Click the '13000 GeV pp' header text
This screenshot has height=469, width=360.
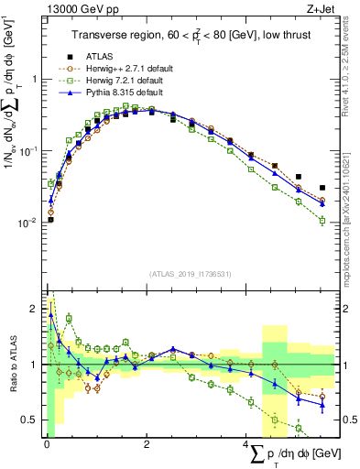72,9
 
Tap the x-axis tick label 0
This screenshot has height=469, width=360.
47,444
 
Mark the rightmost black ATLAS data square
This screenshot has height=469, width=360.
322,188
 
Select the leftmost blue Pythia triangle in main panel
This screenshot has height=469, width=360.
50,200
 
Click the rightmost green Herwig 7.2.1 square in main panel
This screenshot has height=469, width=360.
322,221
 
